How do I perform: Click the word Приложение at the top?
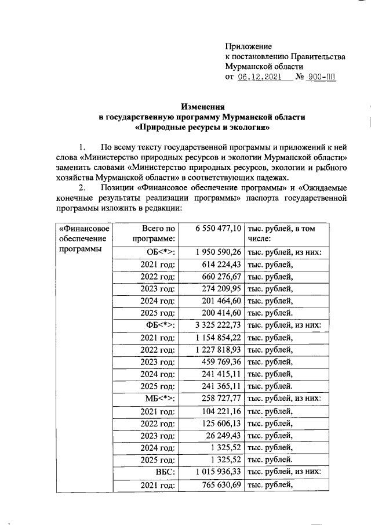pos(248,45)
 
